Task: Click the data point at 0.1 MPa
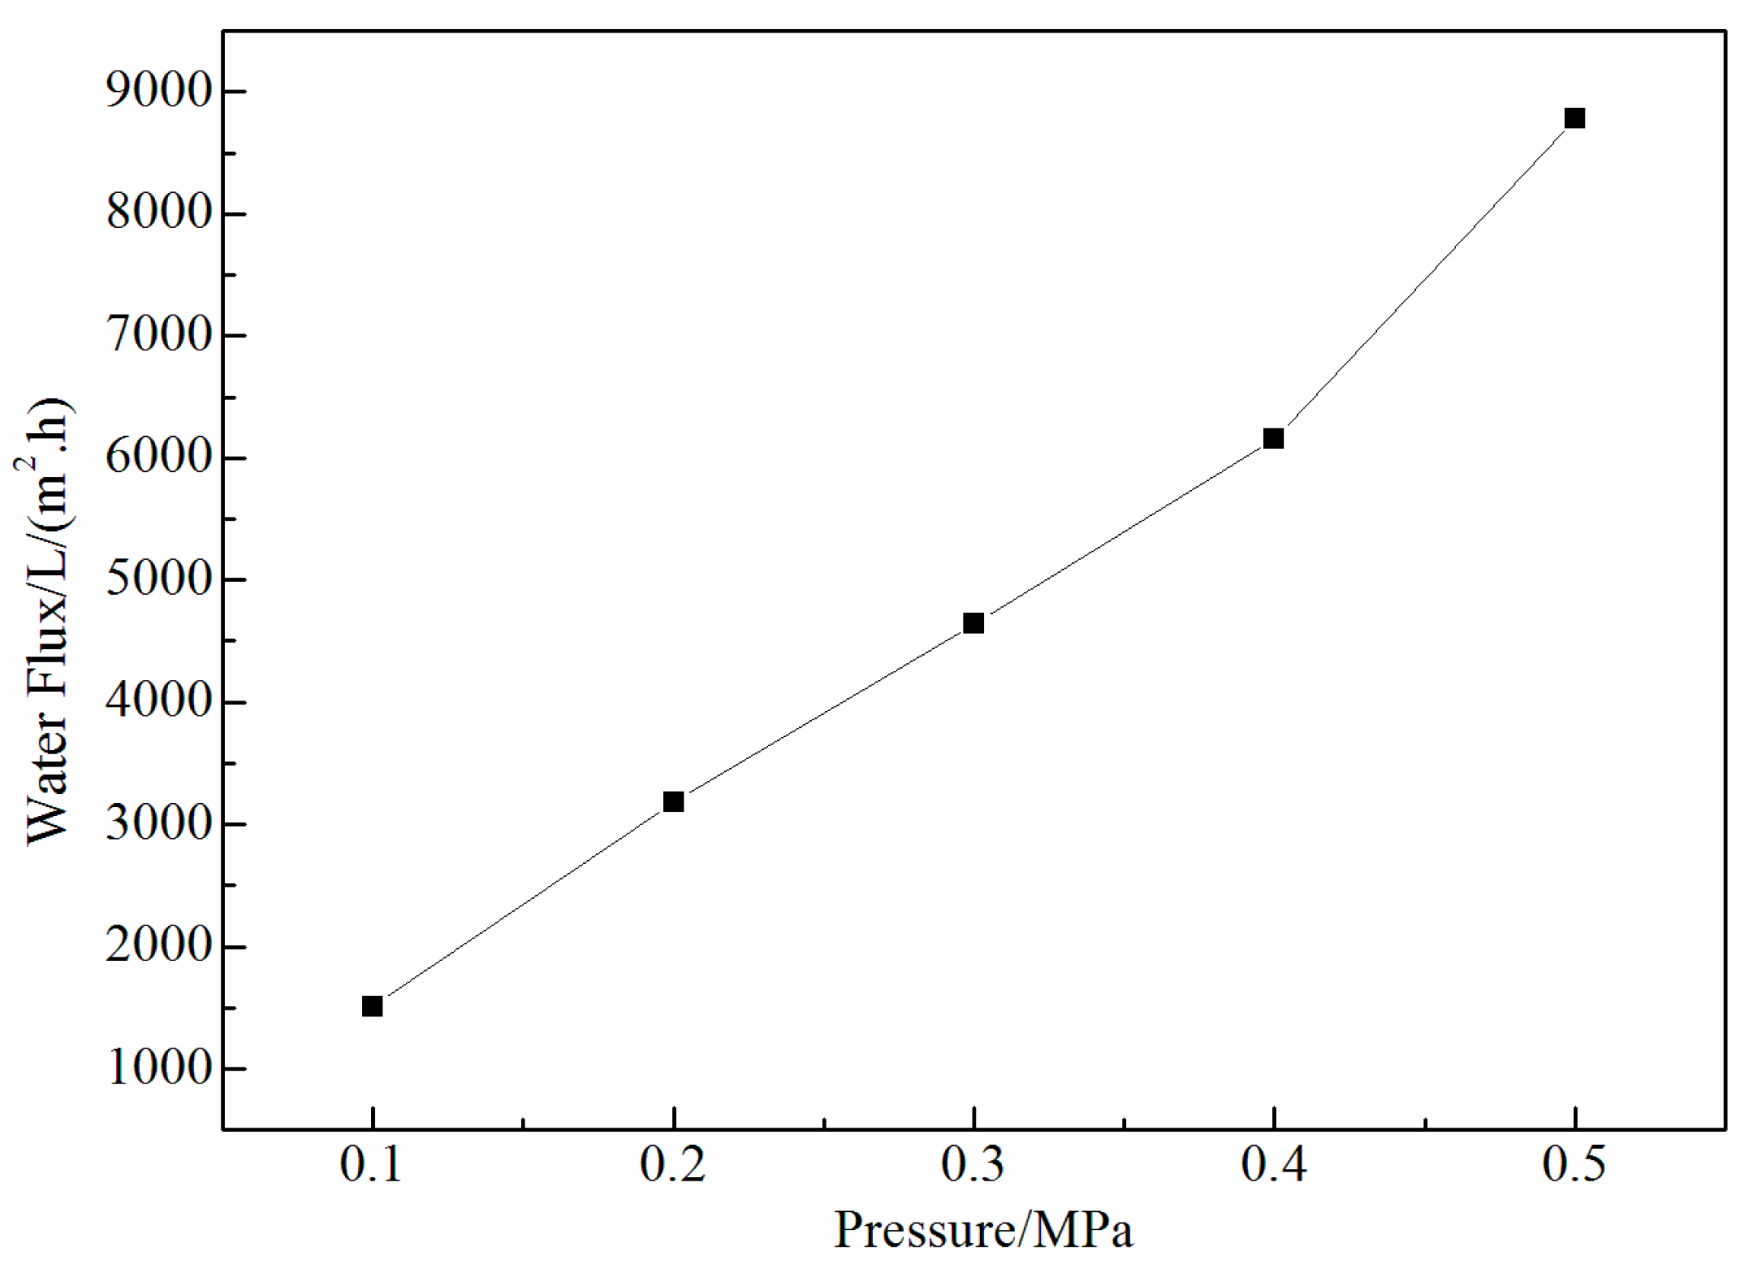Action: coord(373,1007)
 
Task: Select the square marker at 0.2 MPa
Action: coord(673,802)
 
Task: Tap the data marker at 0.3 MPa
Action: coord(973,623)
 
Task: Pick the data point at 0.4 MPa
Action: coord(1274,438)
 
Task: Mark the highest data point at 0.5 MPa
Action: coord(1575,119)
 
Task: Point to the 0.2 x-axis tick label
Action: coord(672,1165)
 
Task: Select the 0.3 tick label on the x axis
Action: coord(972,1165)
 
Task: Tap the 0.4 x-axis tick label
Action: coord(1274,1165)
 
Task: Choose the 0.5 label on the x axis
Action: coord(1574,1165)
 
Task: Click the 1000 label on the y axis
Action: coord(159,1069)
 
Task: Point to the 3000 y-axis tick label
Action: coord(159,824)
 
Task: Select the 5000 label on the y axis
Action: coord(159,580)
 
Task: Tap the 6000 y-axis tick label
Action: coord(159,458)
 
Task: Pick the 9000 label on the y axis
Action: coord(159,91)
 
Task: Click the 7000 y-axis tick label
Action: coord(159,336)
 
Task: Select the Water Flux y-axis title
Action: coord(48,621)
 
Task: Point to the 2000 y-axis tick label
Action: coord(159,947)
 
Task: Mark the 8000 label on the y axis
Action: coord(159,213)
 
